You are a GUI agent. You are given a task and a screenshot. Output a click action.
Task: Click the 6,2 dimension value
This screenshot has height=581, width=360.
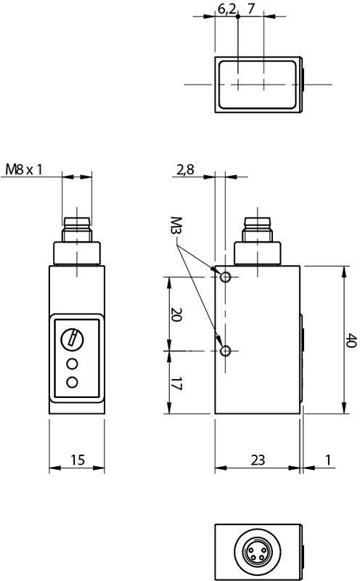[226, 9]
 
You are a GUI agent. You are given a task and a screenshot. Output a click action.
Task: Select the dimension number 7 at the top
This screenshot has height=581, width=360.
[251, 9]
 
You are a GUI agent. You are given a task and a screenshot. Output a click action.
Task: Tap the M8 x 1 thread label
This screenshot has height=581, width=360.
[24, 169]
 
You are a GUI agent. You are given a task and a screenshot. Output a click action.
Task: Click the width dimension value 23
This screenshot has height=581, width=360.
[258, 460]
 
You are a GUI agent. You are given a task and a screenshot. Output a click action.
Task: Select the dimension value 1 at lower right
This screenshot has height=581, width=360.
[329, 460]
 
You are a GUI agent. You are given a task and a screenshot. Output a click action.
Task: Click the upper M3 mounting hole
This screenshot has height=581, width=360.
[226, 277]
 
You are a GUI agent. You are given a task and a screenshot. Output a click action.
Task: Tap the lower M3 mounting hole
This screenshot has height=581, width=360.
[226, 352]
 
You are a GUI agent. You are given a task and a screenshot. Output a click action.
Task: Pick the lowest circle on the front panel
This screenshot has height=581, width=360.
[72, 382]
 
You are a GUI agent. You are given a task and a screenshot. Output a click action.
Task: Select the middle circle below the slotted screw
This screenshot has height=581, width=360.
[72, 363]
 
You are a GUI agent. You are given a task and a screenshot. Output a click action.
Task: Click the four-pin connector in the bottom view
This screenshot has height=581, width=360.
[258, 550]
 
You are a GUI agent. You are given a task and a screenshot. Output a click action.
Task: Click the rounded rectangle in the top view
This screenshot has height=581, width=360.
[258, 84]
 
